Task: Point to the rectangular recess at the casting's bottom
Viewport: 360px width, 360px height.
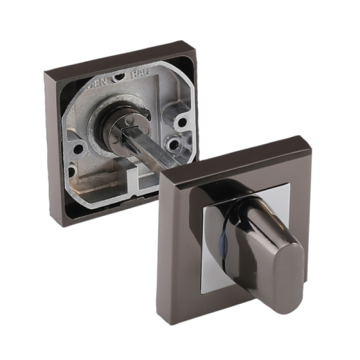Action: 98,183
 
